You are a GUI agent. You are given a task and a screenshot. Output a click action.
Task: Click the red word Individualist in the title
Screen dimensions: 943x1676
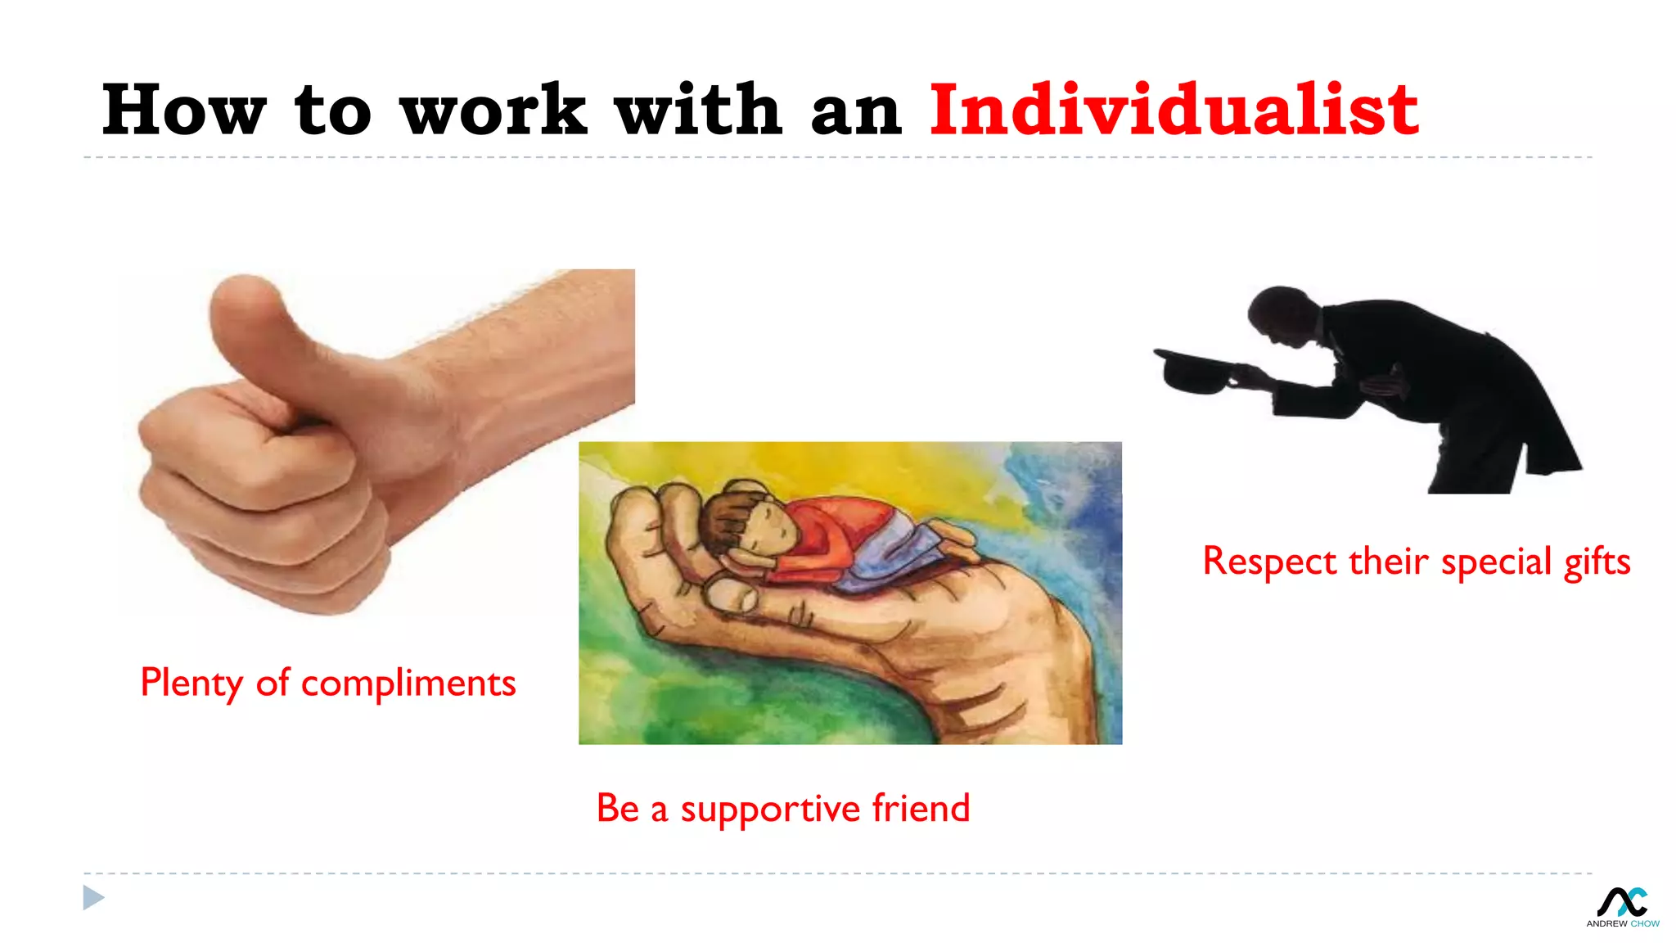pos(1173,111)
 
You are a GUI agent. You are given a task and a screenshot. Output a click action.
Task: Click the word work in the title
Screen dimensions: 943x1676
pos(493,111)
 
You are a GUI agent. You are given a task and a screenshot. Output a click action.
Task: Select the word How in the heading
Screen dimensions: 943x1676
pos(184,111)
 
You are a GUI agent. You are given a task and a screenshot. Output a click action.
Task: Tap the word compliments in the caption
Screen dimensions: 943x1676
pos(408,684)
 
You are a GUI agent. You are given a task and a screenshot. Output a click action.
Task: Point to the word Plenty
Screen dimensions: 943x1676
pos(191,684)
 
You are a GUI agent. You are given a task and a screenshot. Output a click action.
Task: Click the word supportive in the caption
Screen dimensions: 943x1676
pos(770,810)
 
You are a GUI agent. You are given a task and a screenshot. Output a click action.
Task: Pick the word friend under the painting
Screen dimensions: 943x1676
pos(921,808)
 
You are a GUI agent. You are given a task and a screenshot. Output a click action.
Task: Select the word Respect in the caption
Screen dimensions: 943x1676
pos(1269,562)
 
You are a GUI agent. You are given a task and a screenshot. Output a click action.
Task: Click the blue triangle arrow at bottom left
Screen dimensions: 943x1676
pos(93,898)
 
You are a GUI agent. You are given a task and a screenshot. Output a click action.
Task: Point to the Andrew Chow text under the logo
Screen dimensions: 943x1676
pos(1622,923)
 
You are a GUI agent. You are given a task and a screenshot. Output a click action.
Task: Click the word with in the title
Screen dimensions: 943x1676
pos(698,111)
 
